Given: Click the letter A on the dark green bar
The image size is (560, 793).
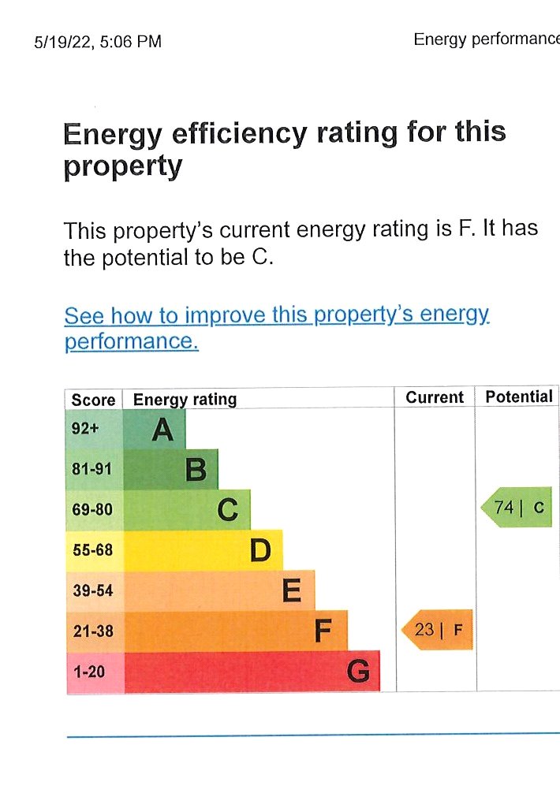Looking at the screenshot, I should point(162,430).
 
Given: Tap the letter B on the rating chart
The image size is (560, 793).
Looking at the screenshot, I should point(196,470).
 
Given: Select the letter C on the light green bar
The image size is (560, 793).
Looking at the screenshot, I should point(228,510).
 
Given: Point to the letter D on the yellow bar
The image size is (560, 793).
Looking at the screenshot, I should point(260,550).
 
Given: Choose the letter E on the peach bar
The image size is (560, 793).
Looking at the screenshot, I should point(292,590).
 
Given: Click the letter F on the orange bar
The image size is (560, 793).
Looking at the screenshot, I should point(324,631).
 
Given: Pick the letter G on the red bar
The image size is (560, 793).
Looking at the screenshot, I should point(358,672).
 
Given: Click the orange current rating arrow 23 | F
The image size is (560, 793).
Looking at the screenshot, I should point(437,630).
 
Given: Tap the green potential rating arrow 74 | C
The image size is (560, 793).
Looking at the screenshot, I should point(517,508).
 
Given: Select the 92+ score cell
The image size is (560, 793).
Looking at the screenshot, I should point(84,430).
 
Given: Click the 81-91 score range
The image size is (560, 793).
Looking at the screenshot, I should point(92,470).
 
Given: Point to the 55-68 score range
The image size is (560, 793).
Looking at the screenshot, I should point(92,550).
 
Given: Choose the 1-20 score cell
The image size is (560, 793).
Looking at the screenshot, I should point(88,672).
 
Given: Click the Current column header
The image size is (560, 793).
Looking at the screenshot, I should point(435,397).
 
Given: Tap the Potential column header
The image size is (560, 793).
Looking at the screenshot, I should point(519,396).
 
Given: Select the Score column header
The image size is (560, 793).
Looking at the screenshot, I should point(93,400).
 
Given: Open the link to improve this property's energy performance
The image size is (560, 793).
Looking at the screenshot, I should point(276,316).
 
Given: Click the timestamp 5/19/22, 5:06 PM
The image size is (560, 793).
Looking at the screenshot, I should point(98,42).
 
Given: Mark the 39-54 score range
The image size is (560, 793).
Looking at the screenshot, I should point(92,590).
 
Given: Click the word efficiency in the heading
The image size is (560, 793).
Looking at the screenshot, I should point(238,133).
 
